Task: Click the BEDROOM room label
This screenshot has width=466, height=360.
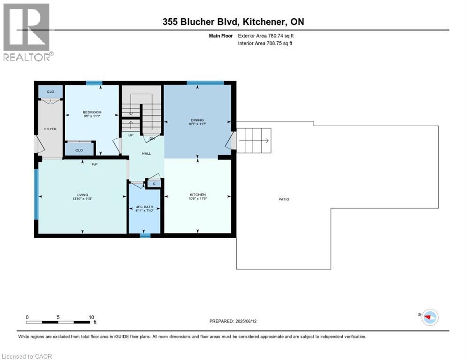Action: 92,112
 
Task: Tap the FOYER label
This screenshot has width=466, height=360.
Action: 50,129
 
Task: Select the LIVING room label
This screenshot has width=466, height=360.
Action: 83,195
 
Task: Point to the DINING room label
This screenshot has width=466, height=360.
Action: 197,120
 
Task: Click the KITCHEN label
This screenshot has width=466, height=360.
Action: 197,195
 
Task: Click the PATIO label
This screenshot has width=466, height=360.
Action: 283,199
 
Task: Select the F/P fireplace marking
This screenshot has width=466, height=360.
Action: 94,164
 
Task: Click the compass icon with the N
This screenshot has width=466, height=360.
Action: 429,317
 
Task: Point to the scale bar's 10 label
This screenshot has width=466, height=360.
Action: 91,317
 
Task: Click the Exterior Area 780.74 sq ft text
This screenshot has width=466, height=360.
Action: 266,35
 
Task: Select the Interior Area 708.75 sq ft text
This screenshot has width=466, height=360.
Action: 265,44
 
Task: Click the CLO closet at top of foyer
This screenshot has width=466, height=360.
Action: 50,91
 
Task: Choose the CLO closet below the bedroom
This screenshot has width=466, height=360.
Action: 79,150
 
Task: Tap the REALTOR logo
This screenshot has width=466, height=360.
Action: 27,32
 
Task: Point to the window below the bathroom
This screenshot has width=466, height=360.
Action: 145,236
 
